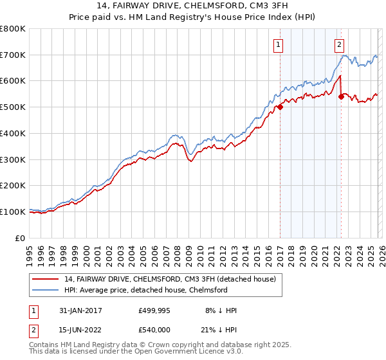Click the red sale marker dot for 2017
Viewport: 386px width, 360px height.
point(280,107)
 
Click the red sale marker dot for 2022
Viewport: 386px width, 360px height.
point(341,97)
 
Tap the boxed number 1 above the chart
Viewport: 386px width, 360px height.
point(278,44)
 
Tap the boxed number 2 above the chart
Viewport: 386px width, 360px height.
point(338,44)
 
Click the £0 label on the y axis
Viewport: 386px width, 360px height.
point(21,238)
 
